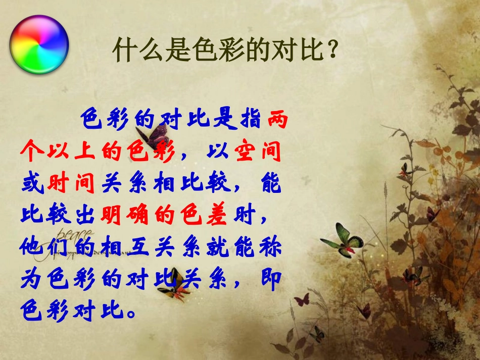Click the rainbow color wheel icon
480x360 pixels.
click(x=39, y=45)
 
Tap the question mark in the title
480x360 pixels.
click(x=331, y=50)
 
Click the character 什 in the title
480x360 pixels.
click(x=123, y=50)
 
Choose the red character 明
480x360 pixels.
click(x=112, y=215)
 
